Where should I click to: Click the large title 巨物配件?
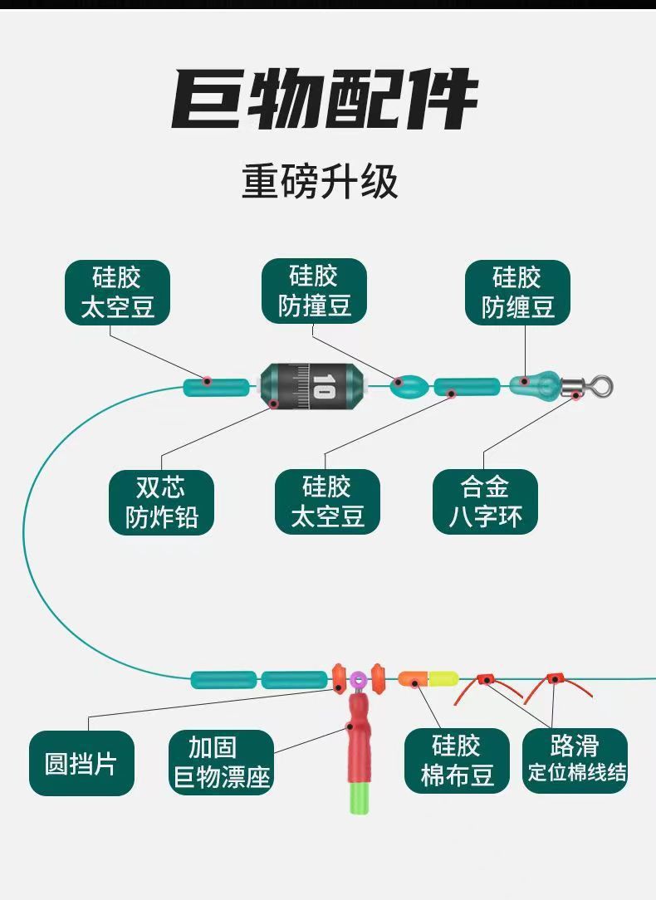326,100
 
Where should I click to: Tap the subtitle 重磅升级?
320,182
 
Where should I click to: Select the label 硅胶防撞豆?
314,291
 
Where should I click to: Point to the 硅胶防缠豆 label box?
517,292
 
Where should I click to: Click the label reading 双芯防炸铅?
162,502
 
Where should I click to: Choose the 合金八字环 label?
485,502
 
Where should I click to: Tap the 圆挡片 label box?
81,763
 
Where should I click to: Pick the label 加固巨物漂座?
222,762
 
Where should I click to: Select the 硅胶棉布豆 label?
457,762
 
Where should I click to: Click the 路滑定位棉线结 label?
575,762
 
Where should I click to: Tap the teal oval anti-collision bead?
410,386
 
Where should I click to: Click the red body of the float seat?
358,731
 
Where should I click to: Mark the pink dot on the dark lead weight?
276,404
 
